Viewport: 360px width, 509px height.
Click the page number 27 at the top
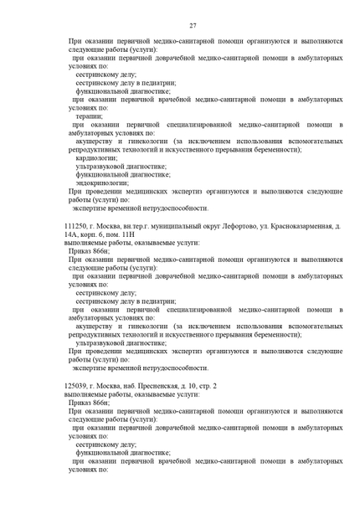192,26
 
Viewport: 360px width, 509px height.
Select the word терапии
89,116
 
